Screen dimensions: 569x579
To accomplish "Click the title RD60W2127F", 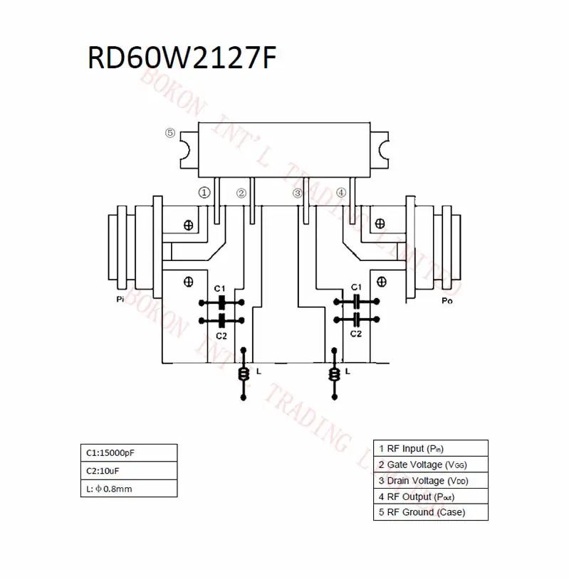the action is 182,58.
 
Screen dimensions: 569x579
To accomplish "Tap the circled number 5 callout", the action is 170,133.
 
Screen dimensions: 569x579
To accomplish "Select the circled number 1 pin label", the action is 204,192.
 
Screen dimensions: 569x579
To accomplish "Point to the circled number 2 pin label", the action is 241,193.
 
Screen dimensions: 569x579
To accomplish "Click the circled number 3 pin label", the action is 297,193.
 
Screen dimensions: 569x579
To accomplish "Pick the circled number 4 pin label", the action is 341,192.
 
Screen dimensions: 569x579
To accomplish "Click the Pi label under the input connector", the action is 120,299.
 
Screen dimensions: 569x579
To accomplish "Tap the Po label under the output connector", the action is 447,301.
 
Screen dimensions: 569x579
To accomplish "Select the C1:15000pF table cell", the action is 129,452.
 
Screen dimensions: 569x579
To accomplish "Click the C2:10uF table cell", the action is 129,471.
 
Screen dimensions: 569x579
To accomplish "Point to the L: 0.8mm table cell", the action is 129,489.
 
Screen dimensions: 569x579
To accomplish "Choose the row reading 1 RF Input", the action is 431,448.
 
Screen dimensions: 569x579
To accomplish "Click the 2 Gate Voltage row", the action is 431,464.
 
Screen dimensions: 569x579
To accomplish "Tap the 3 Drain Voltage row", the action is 431,480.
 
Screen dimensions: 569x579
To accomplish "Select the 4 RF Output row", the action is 431,496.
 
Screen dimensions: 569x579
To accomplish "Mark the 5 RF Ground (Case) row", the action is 431,512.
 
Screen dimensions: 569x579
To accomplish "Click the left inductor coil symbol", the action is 244,374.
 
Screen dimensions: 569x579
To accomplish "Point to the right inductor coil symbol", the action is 335,374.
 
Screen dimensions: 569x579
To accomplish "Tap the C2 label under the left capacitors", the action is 221,336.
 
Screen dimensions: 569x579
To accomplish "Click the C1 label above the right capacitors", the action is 356,287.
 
